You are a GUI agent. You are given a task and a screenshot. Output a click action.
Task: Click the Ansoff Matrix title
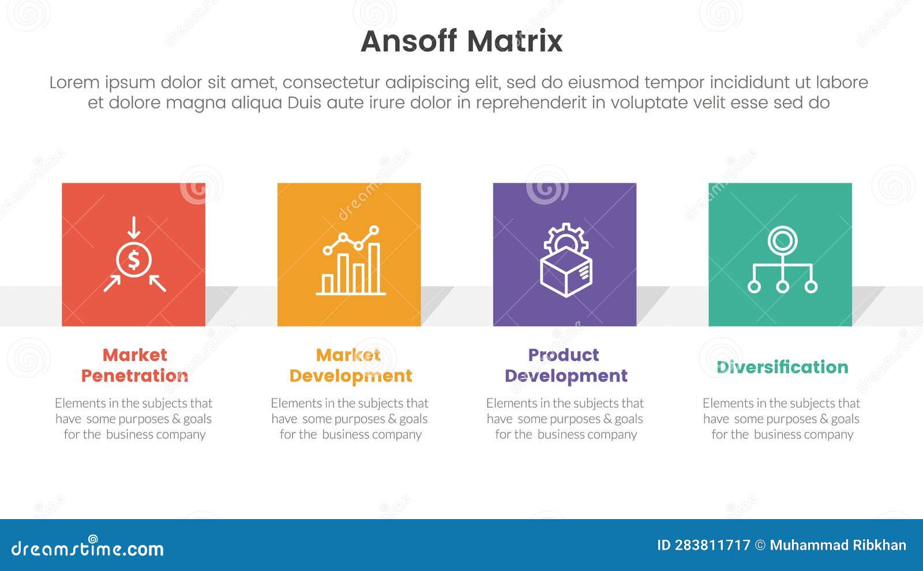coord(461,42)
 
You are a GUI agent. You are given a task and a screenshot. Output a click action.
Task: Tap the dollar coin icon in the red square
coord(134,260)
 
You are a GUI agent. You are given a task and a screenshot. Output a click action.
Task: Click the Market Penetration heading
coord(134,365)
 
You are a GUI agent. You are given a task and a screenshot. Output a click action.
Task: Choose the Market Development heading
coord(350,365)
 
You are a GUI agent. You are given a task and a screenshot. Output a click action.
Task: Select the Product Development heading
coord(565,365)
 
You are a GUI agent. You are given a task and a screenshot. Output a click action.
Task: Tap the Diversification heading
coord(782,367)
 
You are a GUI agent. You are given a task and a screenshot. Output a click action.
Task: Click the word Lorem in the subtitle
coord(74,82)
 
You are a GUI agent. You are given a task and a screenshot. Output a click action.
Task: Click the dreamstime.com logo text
coord(87,548)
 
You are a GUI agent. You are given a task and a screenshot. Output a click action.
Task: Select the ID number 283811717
coord(712,545)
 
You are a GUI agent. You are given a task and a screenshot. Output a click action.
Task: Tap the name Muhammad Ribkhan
coord(838,545)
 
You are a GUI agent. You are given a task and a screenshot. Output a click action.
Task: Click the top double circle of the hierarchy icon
coord(782,239)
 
